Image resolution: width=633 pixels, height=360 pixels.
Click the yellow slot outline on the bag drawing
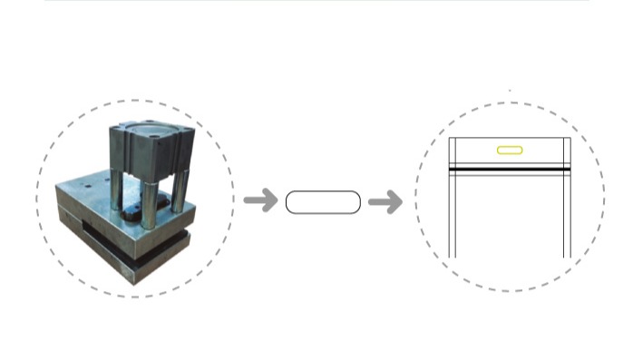pyautogui.click(x=509, y=150)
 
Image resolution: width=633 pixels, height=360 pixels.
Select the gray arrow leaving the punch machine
pyautogui.click(x=261, y=200)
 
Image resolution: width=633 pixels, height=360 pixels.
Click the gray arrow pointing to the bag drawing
pyautogui.click(x=385, y=201)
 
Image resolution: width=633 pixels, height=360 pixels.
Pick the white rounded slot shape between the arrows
pyautogui.click(x=323, y=202)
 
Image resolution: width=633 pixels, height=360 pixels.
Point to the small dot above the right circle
pyautogui.click(x=510, y=91)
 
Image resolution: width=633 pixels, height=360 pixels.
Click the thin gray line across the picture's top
pyautogui.click(x=316, y=1)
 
